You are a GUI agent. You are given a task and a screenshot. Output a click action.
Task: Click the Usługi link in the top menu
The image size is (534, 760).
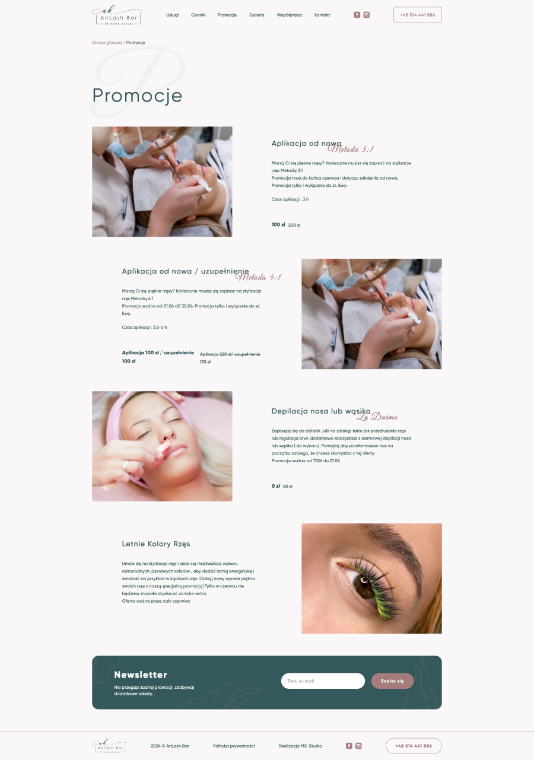(172, 15)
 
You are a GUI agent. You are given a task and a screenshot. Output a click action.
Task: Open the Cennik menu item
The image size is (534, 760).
(198, 15)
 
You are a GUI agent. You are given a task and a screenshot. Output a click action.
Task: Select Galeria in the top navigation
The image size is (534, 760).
(256, 15)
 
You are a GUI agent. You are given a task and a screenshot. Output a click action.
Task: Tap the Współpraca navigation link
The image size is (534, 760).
(289, 15)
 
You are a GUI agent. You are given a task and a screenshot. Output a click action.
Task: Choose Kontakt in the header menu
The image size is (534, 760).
(322, 15)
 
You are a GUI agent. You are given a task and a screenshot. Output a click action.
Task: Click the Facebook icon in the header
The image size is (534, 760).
(357, 15)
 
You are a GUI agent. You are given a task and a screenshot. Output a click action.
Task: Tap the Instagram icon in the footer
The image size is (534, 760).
(358, 746)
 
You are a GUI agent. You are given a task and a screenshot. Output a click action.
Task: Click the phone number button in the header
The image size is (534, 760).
(417, 15)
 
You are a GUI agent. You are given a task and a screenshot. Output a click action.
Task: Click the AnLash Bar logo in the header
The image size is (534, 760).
(117, 15)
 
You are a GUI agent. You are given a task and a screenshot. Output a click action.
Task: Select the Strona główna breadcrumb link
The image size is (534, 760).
(107, 43)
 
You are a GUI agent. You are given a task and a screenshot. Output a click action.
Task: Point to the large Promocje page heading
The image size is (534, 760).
(137, 96)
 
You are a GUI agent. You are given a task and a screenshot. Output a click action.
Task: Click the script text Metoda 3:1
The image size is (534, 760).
(351, 150)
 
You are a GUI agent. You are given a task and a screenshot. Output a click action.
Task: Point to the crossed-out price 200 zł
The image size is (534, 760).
(294, 225)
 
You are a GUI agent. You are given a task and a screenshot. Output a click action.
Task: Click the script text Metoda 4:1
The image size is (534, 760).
(258, 277)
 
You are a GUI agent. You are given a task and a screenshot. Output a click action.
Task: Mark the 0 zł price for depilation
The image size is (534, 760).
(275, 486)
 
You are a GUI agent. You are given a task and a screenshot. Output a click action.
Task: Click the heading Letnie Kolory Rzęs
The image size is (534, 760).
(156, 543)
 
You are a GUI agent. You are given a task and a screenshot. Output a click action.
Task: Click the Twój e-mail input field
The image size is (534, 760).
(323, 681)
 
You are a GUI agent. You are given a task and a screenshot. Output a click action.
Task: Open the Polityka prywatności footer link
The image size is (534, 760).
(234, 746)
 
